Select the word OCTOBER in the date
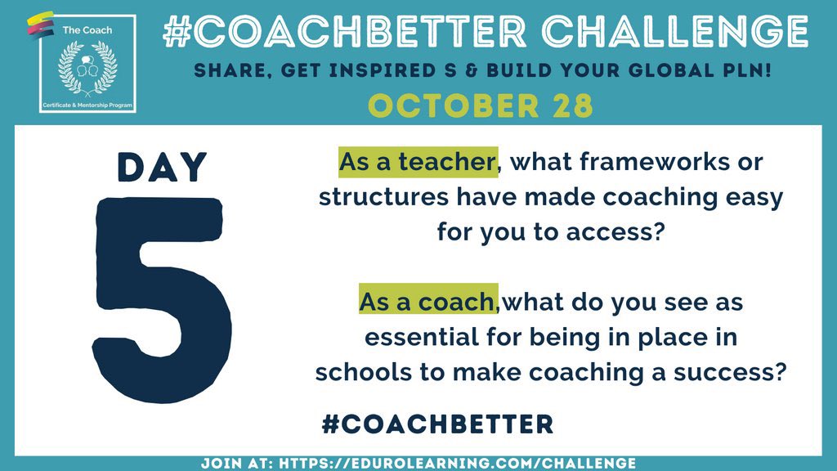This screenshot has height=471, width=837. tap(437, 107)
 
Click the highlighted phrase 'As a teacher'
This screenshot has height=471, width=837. tap(417, 162)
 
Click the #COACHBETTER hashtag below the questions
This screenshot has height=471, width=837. tap(437, 424)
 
